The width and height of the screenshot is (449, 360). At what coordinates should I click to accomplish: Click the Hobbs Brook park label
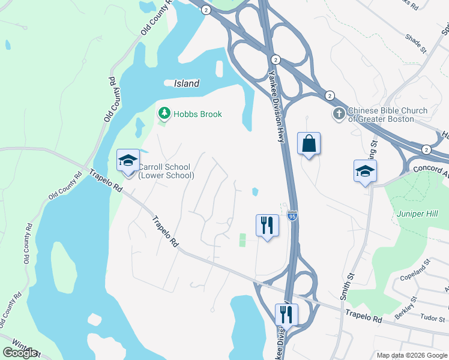[x=197, y=114]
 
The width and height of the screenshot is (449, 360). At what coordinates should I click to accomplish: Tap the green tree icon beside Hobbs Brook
[x=163, y=113]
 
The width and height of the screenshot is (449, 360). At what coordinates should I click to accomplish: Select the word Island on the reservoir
[x=186, y=84]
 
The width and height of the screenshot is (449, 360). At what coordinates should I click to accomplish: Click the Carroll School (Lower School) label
[x=166, y=171]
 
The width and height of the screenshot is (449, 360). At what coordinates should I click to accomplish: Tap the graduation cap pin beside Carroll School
[x=128, y=161]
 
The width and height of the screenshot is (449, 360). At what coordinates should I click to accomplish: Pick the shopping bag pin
[x=309, y=144]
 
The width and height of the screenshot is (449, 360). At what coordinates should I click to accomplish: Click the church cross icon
[x=339, y=113]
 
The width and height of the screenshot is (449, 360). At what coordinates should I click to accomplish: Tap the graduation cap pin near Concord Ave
[x=365, y=172]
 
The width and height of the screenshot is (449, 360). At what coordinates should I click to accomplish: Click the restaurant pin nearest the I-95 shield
[x=267, y=226]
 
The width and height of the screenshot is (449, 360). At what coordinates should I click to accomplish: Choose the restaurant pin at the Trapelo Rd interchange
[x=286, y=314]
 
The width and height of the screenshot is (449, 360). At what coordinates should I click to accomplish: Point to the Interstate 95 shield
[x=292, y=215]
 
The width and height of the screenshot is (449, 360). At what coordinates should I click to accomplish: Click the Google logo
[x=20, y=353]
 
